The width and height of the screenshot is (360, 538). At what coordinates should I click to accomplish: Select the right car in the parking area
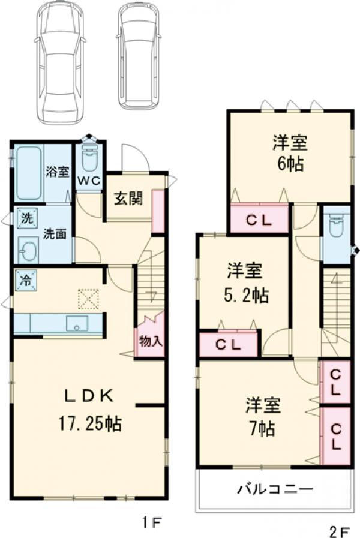[139, 55]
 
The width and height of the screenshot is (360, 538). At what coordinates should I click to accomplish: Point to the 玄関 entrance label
[128, 199]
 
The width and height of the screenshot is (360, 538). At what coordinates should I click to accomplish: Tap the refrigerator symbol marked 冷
[26, 279]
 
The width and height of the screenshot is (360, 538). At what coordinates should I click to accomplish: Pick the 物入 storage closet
[150, 342]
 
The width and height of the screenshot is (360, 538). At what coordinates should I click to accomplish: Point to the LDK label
[89, 396]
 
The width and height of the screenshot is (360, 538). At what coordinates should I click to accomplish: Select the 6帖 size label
[290, 163]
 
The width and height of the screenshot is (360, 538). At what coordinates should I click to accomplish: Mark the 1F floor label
[151, 521]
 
